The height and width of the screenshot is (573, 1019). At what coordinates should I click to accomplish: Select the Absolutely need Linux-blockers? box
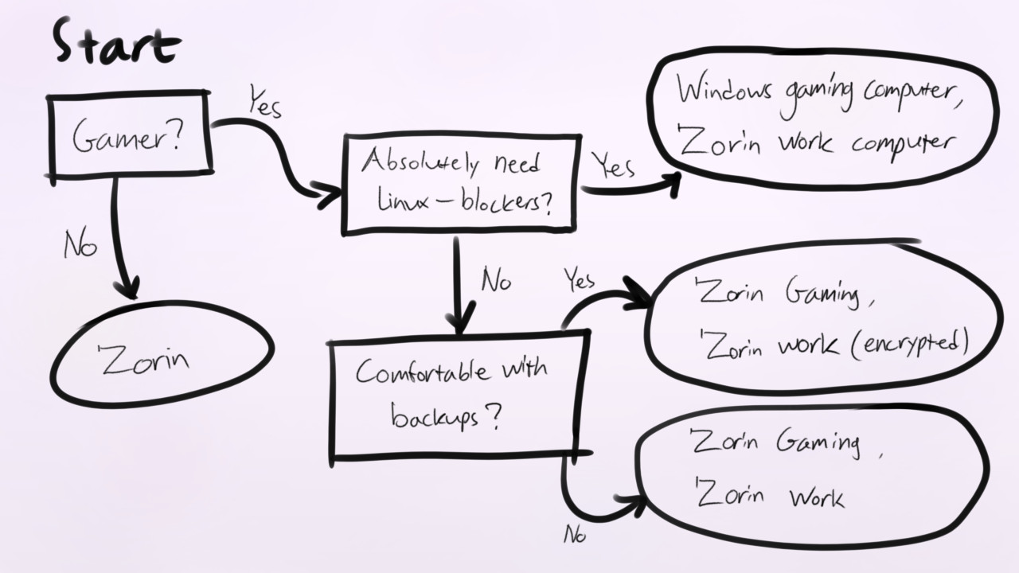point(459,184)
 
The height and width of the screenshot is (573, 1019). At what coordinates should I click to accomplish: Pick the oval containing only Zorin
point(162,355)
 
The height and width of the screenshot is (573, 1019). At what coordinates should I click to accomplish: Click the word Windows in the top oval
point(724,90)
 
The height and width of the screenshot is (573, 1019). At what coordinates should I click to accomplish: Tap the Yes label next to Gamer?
point(264,103)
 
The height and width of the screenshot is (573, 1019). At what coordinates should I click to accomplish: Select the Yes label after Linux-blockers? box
point(614,166)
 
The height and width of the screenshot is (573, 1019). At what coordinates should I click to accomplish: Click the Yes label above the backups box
point(580,279)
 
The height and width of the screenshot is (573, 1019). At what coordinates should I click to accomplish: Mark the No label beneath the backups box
point(574,535)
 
